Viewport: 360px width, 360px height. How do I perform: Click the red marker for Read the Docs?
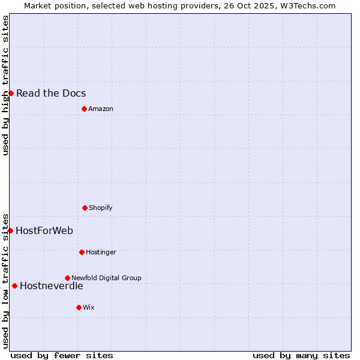pos(11,93)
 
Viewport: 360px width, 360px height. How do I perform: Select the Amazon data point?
pos(84,109)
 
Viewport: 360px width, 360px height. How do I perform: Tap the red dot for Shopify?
pos(85,208)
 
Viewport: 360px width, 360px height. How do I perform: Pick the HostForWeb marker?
pos(10,230)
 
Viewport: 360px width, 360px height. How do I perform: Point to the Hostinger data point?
pos(82,252)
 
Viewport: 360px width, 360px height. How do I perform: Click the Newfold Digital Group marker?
pos(67,278)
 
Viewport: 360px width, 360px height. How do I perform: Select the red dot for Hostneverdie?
pos(14,286)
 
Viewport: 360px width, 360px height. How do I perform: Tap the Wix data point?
pos(79,307)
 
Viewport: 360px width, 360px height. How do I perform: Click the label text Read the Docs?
pos(51,93)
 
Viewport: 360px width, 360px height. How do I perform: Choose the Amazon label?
pos(101,109)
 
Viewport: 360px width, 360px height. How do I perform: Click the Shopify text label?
pos(101,208)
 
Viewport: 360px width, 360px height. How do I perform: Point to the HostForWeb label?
pos(44,230)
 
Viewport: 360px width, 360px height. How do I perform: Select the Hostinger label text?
pos(101,252)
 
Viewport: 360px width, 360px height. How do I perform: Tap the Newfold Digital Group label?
pos(106,278)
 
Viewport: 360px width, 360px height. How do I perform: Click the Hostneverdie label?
pos(52,286)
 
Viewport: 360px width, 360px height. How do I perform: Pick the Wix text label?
pos(89,307)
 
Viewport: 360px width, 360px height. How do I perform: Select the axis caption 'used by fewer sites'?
pos(62,355)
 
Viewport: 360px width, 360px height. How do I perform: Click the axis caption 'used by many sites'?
pos(301,355)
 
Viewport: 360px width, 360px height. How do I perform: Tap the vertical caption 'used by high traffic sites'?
pos(5,85)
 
